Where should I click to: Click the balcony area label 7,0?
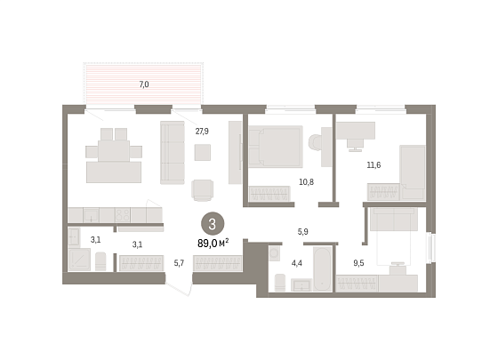pos(144,84)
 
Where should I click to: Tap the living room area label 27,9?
pos(202,132)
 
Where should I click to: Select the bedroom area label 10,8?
pos(307,182)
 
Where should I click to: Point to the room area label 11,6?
pos(373,165)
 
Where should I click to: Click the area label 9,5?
pos(358,263)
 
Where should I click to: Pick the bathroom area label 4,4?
pos(297,263)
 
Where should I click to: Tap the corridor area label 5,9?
pos(302,232)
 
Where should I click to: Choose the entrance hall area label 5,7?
pos(179,263)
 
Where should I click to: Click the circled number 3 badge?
pos(213,224)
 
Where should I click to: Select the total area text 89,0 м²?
pos(213,244)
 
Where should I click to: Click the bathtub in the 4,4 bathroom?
pos(322,268)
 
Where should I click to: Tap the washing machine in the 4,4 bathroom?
pos(275,253)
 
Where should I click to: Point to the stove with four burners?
pos(123,215)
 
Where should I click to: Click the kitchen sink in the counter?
pos(91,215)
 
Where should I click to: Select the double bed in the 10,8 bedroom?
pos(276,147)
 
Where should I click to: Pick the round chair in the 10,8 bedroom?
pos(315,142)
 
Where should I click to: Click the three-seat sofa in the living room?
pos(173,152)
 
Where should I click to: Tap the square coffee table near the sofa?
pos(203,152)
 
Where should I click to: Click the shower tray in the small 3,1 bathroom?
pos(79,260)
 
